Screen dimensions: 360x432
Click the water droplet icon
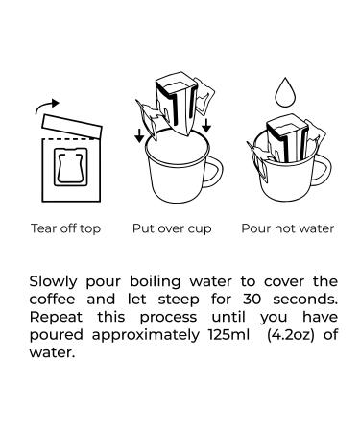(286, 93)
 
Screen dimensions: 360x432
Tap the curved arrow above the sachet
(44, 105)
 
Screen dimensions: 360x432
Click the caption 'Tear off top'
(65, 228)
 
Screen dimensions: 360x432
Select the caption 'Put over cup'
(172, 228)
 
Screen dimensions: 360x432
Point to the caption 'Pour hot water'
(288, 228)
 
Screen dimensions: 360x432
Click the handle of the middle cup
(219, 173)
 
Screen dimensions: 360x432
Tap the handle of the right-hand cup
(326, 171)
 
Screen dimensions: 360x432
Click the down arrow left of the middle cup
(139, 135)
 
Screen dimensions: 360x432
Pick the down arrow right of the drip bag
(206, 125)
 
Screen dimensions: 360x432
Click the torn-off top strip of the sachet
(72, 126)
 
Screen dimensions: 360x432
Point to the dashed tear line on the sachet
(69, 139)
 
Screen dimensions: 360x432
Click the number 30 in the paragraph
(252, 300)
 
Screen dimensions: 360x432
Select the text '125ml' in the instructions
(228, 335)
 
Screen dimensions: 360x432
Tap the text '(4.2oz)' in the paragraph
(291, 335)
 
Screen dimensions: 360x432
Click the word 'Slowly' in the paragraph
(53, 282)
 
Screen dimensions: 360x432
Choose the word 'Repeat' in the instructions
(56, 318)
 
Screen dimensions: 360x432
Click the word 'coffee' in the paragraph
(53, 300)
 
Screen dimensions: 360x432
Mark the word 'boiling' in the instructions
(156, 282)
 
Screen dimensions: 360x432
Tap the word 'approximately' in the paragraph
(146, 335)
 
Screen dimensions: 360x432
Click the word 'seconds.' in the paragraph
(305, 300)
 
